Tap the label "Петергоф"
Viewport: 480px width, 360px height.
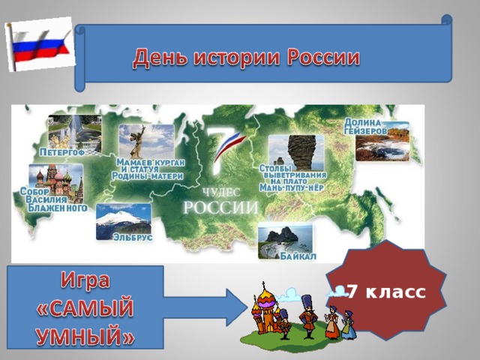pyautogui.click(x=64, y=153)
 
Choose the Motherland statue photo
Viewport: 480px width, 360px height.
pyautogui.click(x=145, y=140)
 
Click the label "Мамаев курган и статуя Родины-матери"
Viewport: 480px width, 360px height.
pyautogui.click(x=146, y=169)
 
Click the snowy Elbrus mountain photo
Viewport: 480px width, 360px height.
pyautogui.click(x=123, y=218)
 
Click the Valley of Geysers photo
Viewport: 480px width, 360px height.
pyautogui.click(x=382, y=142)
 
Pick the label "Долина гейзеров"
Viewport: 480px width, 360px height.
pyautogui.click(x=366, y=126)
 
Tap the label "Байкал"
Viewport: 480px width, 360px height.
pyautogui.click(x=298, y=258)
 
